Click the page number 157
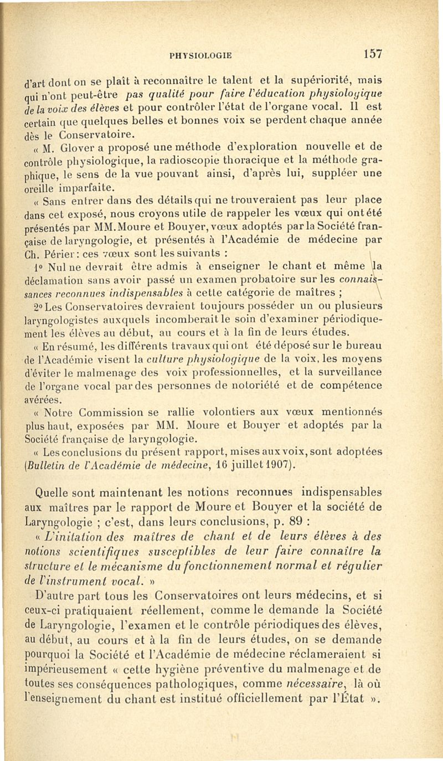374,54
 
